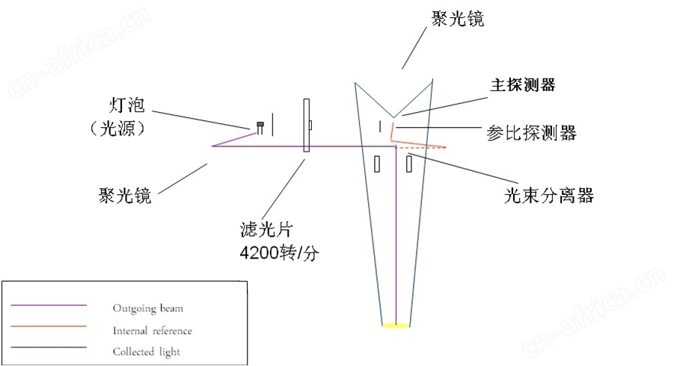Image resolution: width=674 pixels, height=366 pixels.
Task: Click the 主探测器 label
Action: click(523, 85)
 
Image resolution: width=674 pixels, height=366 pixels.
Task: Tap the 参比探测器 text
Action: click(531, 133)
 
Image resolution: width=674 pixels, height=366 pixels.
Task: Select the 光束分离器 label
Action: click(549, 196)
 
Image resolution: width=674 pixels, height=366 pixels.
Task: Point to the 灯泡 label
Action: click(126, 105)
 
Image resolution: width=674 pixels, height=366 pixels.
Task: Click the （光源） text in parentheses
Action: click(117, 128)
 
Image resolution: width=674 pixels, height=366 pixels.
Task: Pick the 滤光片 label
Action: click(266, 229)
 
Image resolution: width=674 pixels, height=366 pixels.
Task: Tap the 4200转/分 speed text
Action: click(280, 253)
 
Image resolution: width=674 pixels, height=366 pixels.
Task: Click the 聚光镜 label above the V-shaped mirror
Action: click(458, 19)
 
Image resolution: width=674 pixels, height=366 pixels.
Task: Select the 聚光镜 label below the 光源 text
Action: click(125, 196)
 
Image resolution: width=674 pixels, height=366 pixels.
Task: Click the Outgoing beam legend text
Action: click(148, 308)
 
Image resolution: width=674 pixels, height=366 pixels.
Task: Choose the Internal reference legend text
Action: click(153, 331)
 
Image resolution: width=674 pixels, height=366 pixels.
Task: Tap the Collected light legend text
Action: click(147, 352)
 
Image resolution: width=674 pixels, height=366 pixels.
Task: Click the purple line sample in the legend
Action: click(49, 305)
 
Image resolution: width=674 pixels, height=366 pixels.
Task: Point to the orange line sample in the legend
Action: click(49, 326)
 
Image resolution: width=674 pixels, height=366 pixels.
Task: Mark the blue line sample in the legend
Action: click(49, 347)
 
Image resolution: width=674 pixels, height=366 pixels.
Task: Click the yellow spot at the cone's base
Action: click(396, 326)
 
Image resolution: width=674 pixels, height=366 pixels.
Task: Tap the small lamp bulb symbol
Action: click(260, 128)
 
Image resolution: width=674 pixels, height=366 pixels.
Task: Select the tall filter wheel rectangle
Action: click(307, 125)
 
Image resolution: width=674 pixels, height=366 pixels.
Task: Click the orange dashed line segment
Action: click(421, 148)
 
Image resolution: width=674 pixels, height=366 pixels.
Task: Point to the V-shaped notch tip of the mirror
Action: click(393, 117)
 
